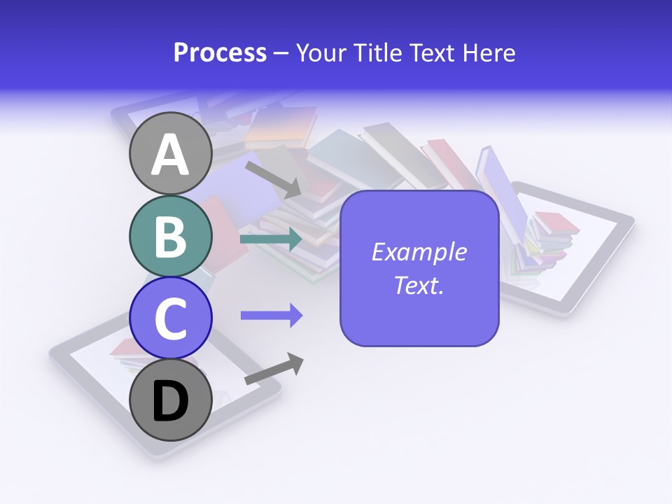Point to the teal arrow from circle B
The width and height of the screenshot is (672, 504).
click(x=270, y=239)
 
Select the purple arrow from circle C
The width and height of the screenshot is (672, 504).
click(x=271, y=316)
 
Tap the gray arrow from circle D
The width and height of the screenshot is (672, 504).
click(x=273, y=370)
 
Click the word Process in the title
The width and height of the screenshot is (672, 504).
click(x=220, y=53)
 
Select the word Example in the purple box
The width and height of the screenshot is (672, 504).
click(x=419, y=252)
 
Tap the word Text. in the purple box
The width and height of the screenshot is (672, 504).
click(x=419, y=286)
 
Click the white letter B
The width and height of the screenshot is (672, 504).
click(x=171, y=237)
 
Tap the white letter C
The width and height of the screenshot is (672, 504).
click(x=171, y=318)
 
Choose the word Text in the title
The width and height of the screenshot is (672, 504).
click(x=432, y=53)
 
